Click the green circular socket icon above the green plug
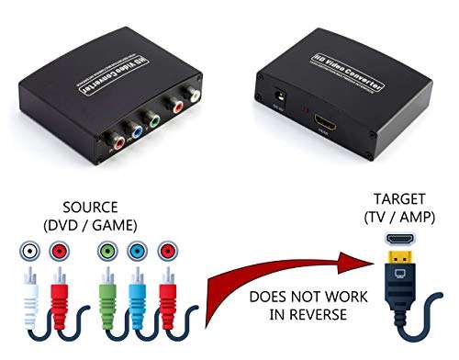[108, 249]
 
